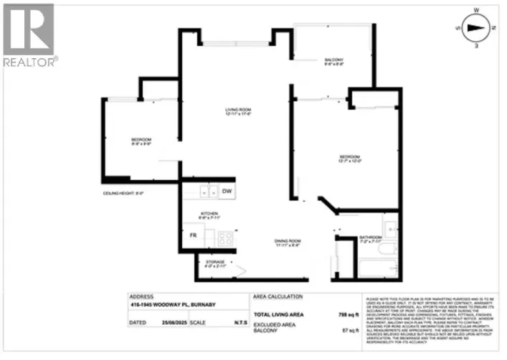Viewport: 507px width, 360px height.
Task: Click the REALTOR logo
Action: (28, 34)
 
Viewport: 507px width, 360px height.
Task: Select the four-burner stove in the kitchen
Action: (224, 239)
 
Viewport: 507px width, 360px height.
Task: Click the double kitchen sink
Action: (208, 191)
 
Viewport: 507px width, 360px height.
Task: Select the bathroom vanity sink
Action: (388, 228)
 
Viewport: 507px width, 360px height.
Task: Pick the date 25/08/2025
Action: (176, 324)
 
